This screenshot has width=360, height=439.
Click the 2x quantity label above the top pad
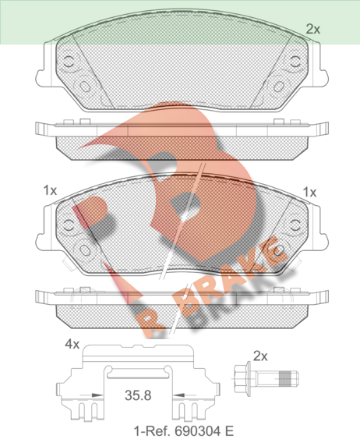pos(313,29)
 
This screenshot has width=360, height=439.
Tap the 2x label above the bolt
pos(260,356)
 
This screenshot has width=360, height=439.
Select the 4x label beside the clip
pos(72,344)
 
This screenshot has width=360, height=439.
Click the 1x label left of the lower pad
pos(50,191)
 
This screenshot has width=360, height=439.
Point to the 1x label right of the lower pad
pos(309,193)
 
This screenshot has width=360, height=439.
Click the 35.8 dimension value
pos(138,395)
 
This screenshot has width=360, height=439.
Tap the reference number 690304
pos(199,430)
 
